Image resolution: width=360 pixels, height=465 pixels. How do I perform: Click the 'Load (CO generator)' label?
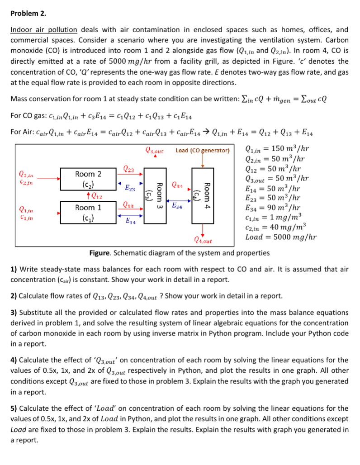pyautogui.click(x=203, y=150)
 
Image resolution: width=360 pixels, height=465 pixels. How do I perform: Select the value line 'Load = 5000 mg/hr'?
pyautogui.click(x=280, y=237)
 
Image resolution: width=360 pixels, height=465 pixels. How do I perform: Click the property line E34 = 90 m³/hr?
pyautogui.click(x=274, y=208)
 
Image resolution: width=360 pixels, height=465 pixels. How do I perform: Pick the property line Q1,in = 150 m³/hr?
pyautogui.click(x=277, y=149)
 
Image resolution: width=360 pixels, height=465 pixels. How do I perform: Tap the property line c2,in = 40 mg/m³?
pyautogui.click(x=275, y=227)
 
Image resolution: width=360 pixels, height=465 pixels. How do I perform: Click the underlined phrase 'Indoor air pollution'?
pyautogui.click(x=43, y=30)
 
